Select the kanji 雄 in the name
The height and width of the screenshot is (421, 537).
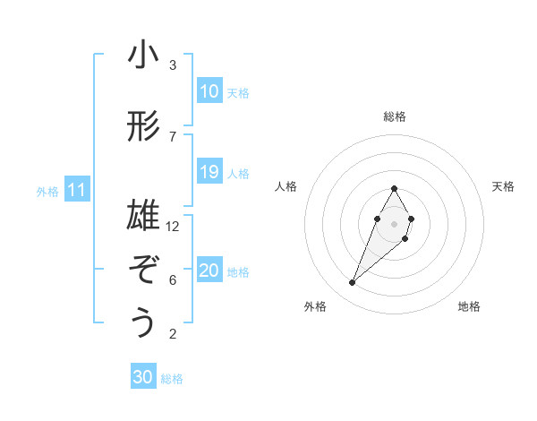point(143,216)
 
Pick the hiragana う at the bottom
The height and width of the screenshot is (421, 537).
point(143,322)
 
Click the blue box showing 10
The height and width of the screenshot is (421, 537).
point(209,91)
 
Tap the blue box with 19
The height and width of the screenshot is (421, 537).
point(209,172)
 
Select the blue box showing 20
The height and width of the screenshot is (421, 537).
point(209,271)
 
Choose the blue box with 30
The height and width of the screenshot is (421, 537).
point(143,377)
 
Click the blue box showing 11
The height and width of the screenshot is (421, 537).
point(76,190)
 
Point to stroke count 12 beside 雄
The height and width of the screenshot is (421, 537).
point(173,226)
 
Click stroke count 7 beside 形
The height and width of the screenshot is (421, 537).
point(173,136)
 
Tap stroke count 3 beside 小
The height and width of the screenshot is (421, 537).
point(173,65)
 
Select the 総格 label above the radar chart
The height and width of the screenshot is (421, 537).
point(395,116)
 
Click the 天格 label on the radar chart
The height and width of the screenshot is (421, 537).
point(503,186)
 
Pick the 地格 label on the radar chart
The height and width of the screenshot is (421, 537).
point(469,306)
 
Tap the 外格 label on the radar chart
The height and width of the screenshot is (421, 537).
point(315,306)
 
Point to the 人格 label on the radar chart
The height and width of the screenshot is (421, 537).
point(286,186)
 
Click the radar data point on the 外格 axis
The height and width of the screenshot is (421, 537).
point(353,283)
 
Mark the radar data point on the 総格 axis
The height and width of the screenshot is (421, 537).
point(395,188)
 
